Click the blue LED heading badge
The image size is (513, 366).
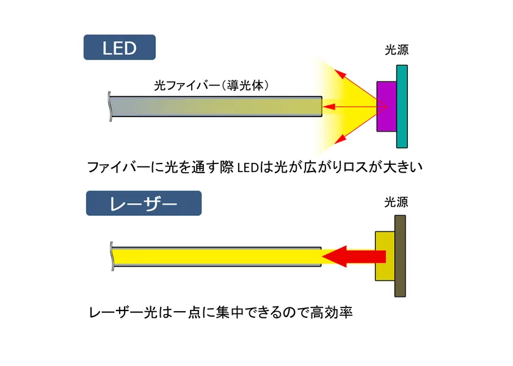point(120,48)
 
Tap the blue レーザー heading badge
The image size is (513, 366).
point(144,203)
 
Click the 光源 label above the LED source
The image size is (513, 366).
point(396,49)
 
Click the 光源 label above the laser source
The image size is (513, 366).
point(396,202)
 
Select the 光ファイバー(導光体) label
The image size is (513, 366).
point(211,85)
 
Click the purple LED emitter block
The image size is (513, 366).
point(387,107)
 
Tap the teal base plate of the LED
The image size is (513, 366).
point(402,107)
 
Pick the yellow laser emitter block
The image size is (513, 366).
point(385,256)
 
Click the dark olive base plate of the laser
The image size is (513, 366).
point(400,256)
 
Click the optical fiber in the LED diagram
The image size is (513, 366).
point(216,107)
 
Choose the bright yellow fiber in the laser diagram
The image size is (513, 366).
point(217,257)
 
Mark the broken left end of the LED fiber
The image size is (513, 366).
point(111,107)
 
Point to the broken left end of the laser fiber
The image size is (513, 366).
point(112,257)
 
